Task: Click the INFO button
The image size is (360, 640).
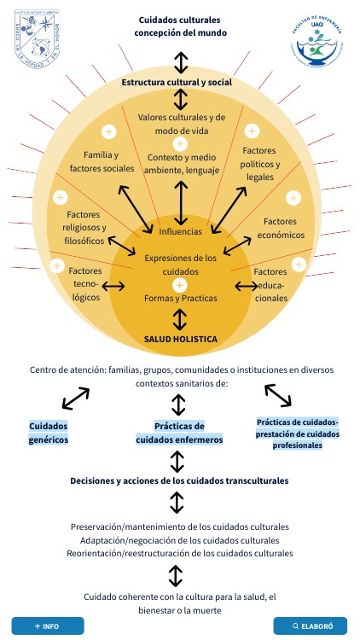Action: (48, 625)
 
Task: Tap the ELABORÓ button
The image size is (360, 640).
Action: (311, 625)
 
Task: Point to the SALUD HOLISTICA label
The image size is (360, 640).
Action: (180, 339)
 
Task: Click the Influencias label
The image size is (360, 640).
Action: (180, 230)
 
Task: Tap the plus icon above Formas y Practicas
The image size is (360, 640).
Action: (180, 284)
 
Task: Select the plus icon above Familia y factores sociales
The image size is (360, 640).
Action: (108, 131)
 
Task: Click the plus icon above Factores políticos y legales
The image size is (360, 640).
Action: (252, 131)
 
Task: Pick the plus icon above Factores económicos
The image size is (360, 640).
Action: (293, 198)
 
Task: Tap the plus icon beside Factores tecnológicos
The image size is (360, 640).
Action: (57, 265)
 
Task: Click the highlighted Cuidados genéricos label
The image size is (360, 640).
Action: (49, 433)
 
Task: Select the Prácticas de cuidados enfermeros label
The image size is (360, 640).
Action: (180, 433)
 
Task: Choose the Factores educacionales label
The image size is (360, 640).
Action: (272, 285)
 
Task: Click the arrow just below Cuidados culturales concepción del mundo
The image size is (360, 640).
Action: (180, 61)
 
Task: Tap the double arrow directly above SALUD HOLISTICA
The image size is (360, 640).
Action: (180, 319)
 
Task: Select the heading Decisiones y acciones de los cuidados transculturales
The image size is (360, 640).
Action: (179, 481)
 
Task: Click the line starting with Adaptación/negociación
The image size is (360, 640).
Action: (179, 540)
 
